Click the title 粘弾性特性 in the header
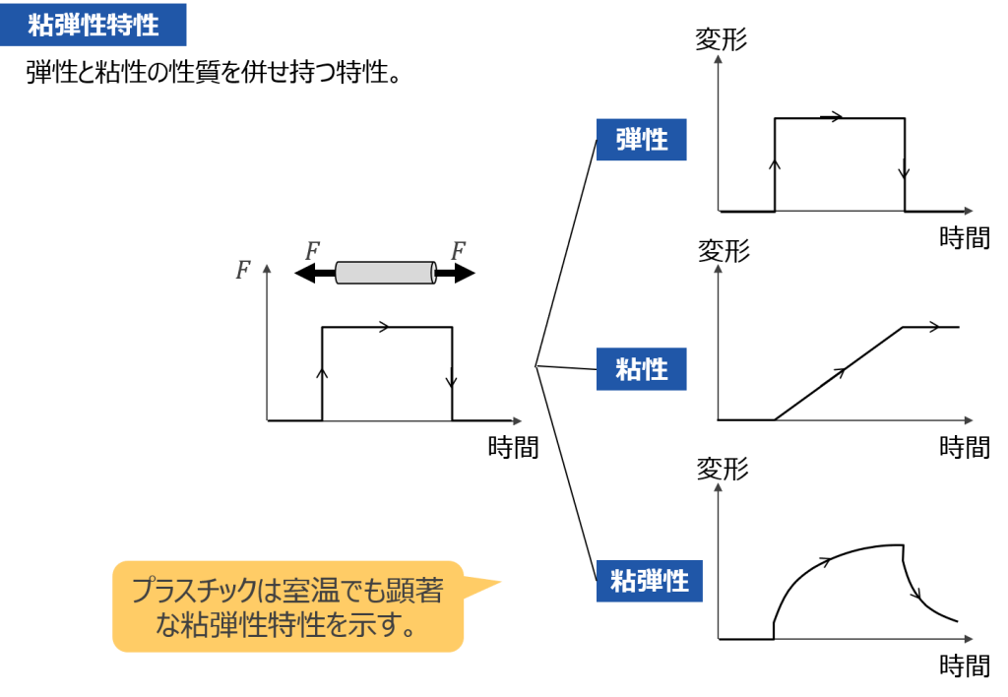pos(94,25)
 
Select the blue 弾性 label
pos(641,140)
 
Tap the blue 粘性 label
pos(641,370)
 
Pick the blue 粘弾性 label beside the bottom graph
pos(649,581)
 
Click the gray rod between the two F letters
pos(385,273)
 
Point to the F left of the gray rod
pos(312,251)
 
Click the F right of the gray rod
pos(458,251)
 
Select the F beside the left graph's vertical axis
pos(243,270)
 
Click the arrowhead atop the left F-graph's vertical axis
pos(267,266)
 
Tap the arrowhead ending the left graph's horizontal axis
pos(517,421)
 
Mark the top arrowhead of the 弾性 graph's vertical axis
pos(718,59)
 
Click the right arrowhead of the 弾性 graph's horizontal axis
pos(969,211)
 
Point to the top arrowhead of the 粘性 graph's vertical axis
pos(718,269)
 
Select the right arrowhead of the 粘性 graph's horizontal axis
pos(969,421)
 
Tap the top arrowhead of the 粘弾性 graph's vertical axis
pos(718,487)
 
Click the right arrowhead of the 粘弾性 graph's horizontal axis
pos(969,640)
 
